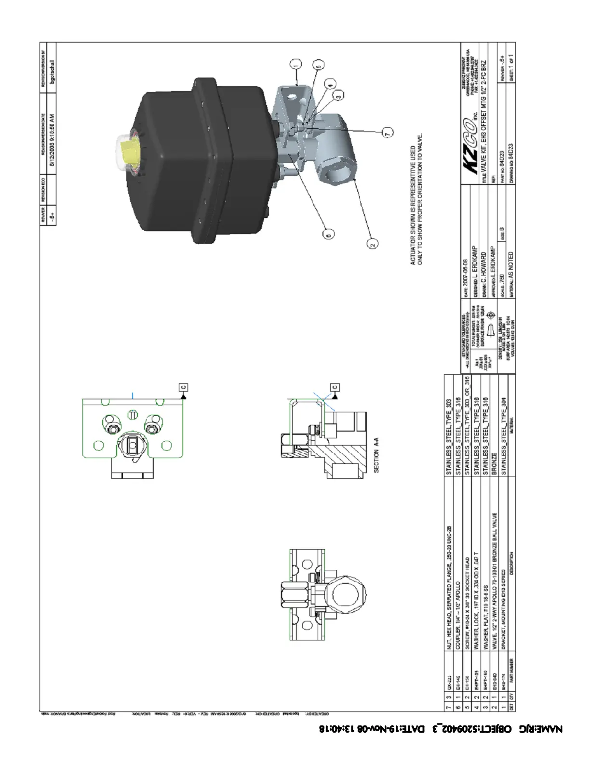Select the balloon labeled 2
pos(373,244)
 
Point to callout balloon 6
pos(327,235)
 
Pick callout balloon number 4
pos(330,84)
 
